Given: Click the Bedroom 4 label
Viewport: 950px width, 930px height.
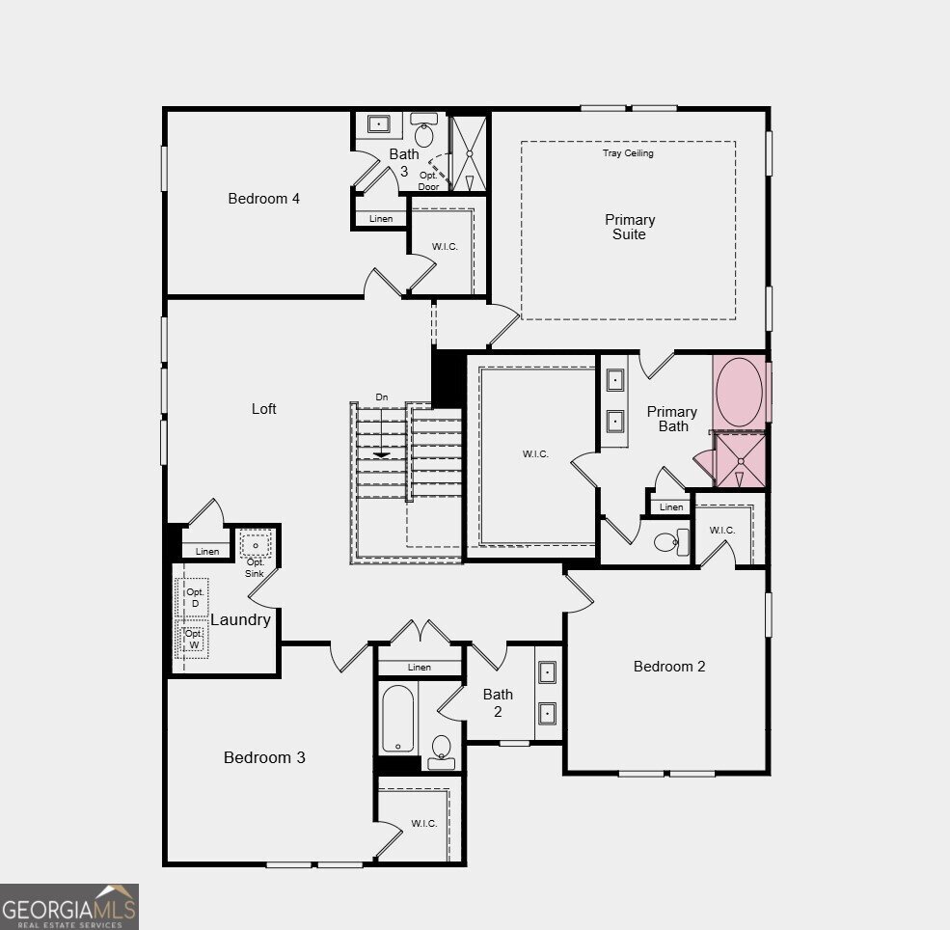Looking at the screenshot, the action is [263, 199].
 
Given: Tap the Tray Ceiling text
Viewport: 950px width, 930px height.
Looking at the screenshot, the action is [628, 153].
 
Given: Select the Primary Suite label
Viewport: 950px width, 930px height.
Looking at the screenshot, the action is [630, 228].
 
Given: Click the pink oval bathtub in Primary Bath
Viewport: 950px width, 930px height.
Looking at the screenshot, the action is [739, 392].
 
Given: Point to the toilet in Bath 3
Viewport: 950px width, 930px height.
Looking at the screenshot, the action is [424, 130].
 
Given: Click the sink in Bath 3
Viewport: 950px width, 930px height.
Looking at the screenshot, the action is [379, 124].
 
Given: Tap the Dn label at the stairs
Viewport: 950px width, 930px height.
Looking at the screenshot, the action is [382, 397].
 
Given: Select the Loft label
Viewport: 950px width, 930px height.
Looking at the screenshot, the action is [263, 409].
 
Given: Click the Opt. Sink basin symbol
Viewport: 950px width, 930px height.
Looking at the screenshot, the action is [255, 545].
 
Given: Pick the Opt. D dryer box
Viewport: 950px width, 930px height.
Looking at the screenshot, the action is [193, 597].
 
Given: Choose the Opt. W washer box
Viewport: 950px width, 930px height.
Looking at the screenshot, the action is [193, 640].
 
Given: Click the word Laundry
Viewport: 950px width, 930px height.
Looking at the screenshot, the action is [240, 619].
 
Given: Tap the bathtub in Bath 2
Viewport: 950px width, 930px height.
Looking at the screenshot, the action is [398, 719].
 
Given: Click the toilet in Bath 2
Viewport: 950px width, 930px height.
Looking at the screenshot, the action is [441, 752].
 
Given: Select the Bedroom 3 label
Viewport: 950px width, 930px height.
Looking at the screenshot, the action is [264, 757].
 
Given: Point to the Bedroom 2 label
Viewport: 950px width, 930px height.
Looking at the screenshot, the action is [669, 667].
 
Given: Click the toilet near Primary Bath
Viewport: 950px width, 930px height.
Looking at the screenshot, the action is [672, 541].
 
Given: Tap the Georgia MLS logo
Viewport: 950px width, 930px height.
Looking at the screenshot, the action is [69, 907].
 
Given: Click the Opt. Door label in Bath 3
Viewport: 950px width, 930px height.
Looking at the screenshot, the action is [428, 180].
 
